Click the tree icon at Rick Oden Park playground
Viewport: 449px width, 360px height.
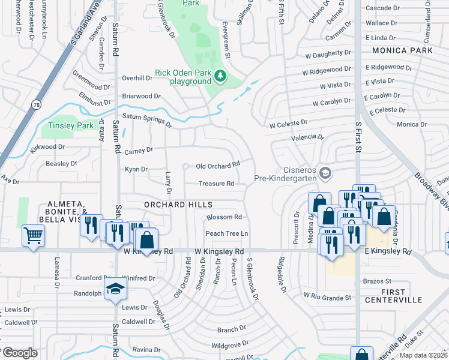pos(220,76)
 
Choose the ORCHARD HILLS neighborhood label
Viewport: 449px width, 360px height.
pos(170,205)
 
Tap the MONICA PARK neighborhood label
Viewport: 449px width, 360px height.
pos(402,51)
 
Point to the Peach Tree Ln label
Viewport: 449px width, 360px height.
pos(227,233)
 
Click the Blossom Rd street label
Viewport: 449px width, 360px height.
pos(224,217)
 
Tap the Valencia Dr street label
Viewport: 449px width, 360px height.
pos(308,137)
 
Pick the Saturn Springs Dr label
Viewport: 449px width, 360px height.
pos(147,120)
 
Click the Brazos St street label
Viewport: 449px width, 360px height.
pos(377,281)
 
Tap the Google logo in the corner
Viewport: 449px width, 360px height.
pos(20,353)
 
